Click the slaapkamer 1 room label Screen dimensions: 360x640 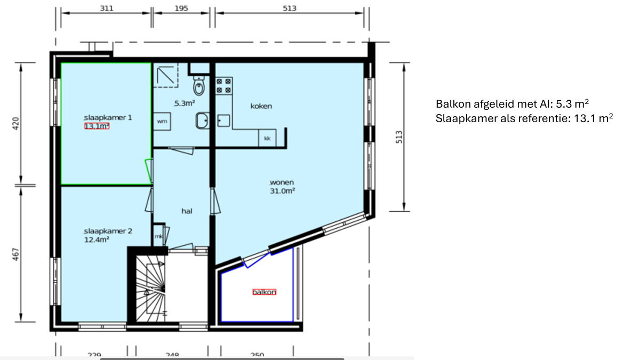(108, 117)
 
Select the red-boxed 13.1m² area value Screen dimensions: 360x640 (97, 126)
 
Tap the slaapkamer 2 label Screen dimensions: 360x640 (108, 231)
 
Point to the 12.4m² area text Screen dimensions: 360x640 (97, 240)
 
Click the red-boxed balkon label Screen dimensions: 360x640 (265, 292)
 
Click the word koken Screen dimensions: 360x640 (261, 106)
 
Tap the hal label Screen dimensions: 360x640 (187, 211)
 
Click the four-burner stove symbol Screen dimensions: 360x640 (224, 86)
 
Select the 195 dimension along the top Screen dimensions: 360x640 (182, 8)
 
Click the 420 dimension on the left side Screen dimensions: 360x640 (15, 124)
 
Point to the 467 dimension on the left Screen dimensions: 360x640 (15, 253)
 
